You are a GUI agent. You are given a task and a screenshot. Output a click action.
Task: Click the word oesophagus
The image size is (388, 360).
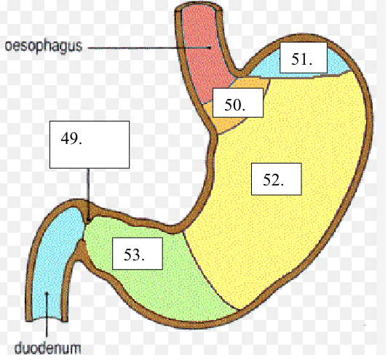point(44,47)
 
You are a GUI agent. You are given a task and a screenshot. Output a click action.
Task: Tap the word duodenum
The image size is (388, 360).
point(48,348)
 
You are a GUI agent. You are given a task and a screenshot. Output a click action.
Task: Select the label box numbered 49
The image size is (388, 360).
point(90,145)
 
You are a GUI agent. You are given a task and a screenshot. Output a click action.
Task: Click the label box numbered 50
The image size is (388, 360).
point(238,103)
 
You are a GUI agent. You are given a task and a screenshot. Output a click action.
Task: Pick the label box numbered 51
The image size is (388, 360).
point(304,57)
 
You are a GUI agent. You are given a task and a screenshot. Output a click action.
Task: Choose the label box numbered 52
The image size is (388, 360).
point(276,179)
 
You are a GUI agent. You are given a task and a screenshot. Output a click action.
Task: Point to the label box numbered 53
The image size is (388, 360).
point(138,253)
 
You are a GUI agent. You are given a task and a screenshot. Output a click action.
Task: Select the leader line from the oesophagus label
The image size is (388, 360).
point(149,48)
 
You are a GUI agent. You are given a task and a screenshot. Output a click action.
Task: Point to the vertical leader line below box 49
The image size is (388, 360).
point(88,194)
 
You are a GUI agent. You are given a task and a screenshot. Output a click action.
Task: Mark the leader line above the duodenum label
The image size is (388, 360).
point(47,314)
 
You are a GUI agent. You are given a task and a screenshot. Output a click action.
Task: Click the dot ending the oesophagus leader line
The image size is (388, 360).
point(210,47)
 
